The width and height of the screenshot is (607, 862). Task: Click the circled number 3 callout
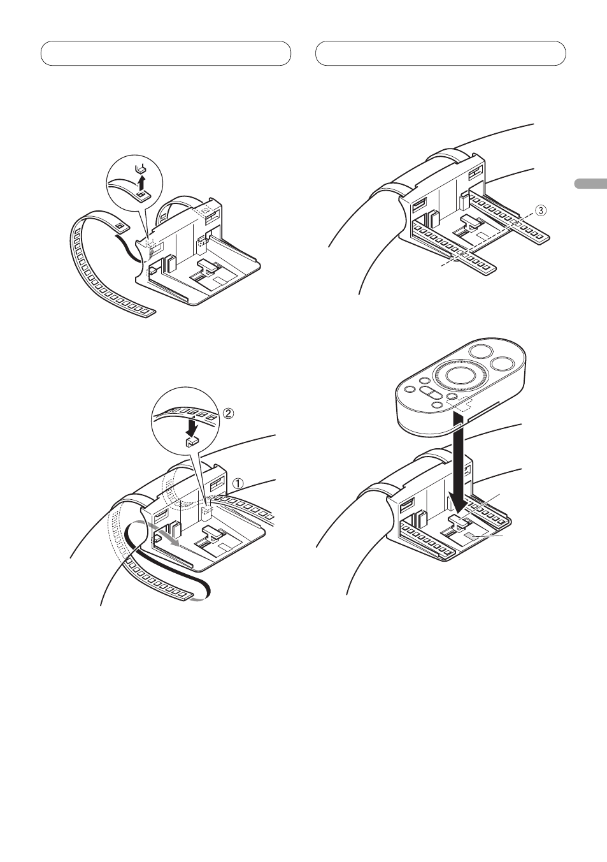point(539,210)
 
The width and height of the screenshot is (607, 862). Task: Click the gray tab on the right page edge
point(590,184)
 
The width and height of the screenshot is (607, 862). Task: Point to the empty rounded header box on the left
point(166,54)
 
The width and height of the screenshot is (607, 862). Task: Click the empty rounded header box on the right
point(441,54)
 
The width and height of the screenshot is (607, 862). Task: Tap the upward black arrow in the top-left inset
point(142,184)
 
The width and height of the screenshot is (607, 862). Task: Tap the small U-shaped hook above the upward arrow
point(141,169)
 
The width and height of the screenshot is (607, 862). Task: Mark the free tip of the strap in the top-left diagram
point(148,312)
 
